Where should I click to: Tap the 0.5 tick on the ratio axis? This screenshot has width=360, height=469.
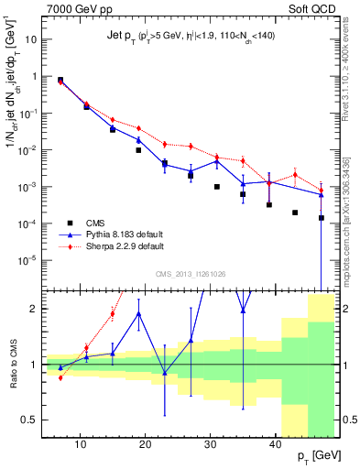[x=29, y=420]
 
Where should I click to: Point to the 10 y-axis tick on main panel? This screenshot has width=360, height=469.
[x=30, y=40]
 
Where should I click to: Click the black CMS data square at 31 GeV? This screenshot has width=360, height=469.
[x=217, y=187]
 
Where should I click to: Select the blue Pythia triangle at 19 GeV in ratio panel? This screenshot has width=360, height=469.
[x=138, y=313]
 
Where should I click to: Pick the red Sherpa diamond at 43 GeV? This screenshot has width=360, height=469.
[x=295, y=174]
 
